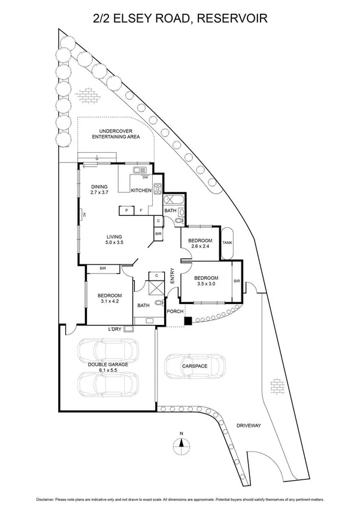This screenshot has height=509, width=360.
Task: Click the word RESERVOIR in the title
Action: [x=232, y=19]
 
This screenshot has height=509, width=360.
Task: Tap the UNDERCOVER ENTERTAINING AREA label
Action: [x=116, y=134]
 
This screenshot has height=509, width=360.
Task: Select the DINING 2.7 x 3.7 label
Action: [x=99, y=190]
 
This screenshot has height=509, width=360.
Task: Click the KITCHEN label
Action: [x=142, y=190]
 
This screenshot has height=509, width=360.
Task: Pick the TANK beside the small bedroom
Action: [x=227, y=243]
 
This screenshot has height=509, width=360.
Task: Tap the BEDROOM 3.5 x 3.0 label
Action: [x=206, y=281]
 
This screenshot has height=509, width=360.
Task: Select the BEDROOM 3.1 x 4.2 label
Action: [x=110, y=299]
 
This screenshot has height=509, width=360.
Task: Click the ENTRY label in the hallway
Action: [x=173, y=276]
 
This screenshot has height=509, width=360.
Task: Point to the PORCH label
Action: [x=174, y=311]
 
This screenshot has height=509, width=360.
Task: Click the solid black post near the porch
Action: [x=188, y=321]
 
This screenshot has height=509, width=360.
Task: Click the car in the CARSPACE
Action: [x=195, y=366]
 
